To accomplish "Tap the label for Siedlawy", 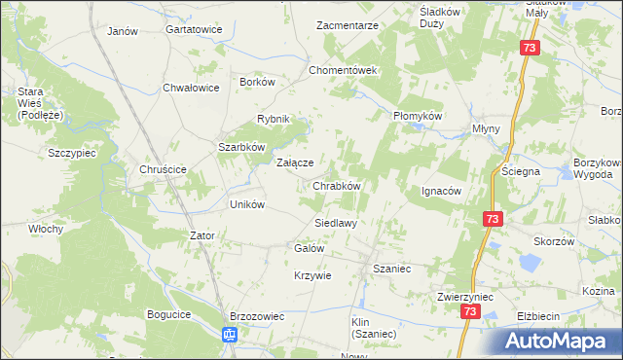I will [x=335, y=223].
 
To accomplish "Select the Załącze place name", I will [x=295, y=162].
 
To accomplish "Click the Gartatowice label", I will [x=194, y=30].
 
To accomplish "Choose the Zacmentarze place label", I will [x=348, y=25].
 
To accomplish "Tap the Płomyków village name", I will [x=418, y=115].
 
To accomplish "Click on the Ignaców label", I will [x=440, y=191].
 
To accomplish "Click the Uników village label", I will [x=246, y=204].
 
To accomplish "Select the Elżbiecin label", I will [x=537, y=316].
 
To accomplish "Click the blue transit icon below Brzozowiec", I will [x=229, y=336].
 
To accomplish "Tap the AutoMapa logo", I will [x=556, y=340].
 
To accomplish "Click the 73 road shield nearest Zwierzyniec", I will [x=471, y=311].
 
